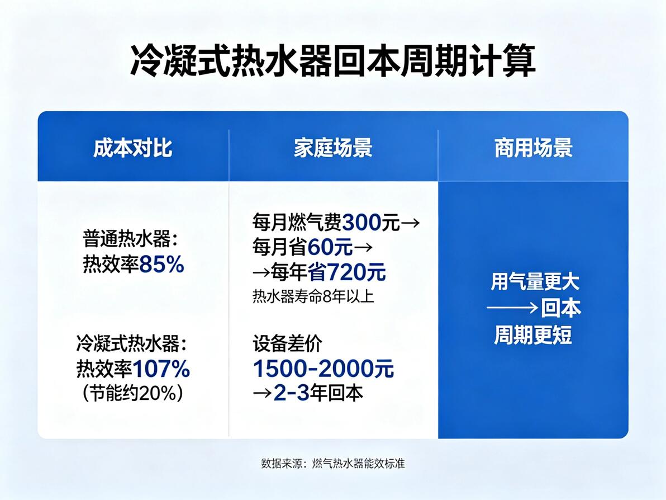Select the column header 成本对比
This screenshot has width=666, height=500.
(132, 148)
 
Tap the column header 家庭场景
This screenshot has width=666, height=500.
(333, 148)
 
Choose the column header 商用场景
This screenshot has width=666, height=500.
(534, 148)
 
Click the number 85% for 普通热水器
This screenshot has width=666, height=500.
(161, 264)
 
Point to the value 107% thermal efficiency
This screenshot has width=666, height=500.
(161, 369)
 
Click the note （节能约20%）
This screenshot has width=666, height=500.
(133, 393)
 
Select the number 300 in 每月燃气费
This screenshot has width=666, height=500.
(361, 222)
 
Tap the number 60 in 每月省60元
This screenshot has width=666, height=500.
(319, 247)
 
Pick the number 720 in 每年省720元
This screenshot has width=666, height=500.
(346, 272)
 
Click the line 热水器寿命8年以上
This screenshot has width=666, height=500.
(313, 296)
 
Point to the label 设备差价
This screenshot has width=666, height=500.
(287, 343)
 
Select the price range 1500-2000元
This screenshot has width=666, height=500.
(324, 369)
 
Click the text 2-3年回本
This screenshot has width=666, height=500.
(318, 393)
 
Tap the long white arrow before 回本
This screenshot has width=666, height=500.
(513, 308)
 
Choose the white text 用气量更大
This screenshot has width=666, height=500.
(535, 282)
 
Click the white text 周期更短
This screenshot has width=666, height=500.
(532, 334)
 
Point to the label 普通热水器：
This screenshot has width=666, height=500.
(130, 239)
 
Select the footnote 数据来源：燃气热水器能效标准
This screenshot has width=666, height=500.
(333, 463)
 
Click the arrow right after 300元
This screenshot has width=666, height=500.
(410, 223)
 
